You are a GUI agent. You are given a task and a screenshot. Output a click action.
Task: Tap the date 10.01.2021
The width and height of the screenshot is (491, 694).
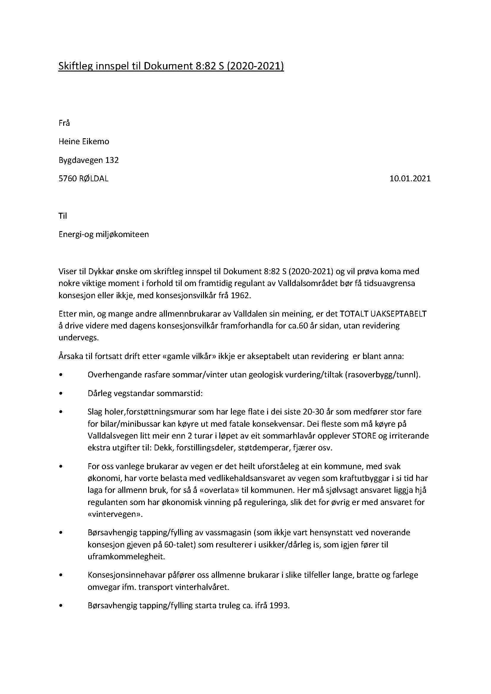410,179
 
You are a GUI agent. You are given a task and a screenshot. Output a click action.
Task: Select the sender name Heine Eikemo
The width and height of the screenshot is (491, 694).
84,142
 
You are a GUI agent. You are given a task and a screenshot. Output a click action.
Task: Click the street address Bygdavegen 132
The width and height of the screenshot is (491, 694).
88,160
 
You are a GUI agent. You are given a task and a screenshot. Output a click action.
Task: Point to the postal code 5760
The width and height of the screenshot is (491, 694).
68,179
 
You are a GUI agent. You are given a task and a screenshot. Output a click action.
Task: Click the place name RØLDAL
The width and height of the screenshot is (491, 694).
94,179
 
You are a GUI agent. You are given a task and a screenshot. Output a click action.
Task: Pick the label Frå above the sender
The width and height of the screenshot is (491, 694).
64,123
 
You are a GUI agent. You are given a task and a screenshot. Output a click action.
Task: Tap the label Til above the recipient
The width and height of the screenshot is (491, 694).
63,216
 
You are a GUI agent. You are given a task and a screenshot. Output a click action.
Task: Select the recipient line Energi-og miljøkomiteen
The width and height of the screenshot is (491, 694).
103,234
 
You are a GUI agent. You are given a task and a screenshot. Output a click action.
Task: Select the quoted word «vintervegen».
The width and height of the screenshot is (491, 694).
115,514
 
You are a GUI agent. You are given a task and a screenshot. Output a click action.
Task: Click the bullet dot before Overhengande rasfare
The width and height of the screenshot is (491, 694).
61,375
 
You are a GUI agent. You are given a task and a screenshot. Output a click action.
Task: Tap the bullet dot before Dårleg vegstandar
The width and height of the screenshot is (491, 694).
61,393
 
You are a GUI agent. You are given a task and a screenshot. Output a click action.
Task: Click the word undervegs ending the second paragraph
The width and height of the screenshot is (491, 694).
79,338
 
